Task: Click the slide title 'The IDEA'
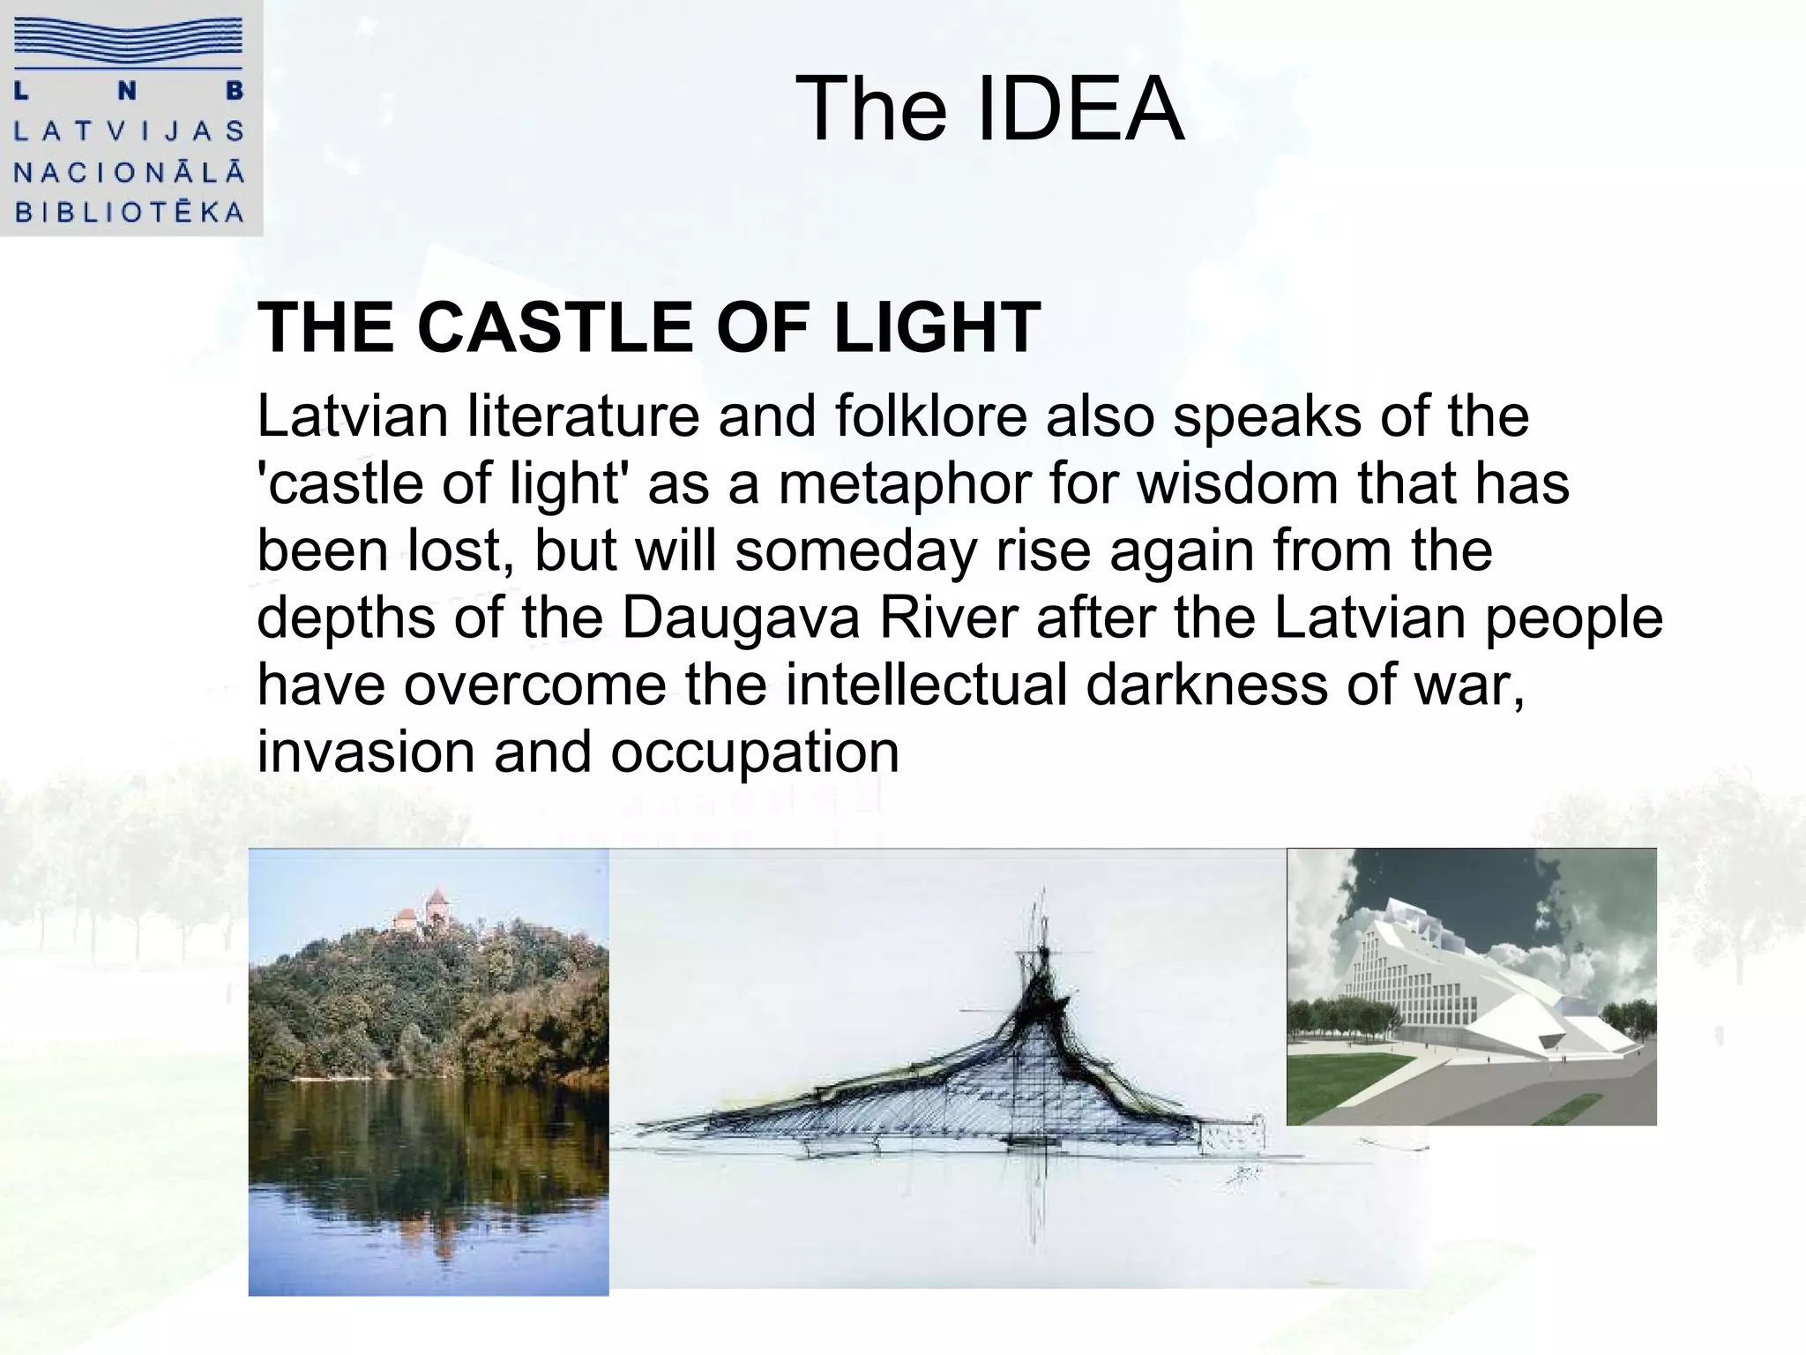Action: coord(989,109)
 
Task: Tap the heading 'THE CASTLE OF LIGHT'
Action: coord(649,328)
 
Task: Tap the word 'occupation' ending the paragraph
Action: coord(755,752)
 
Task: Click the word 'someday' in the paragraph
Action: coord(855,550)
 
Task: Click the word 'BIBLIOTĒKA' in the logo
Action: coord(129,213)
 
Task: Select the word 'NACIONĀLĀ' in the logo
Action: coord(129,172)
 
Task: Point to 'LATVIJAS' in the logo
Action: coord(129,131)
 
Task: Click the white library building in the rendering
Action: coord(1446,979)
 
